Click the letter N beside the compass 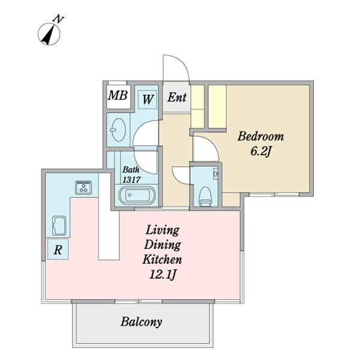coord(58,19)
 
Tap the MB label coord(118,95)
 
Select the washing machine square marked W coord(148,100)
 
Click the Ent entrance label coord(177,97)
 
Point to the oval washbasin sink coord(118,130)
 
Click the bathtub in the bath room coord(137,196)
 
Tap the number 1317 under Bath coord(131,179)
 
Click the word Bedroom coord(260,136)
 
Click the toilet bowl coord(205,196)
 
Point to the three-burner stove coord(83,188)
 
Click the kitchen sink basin coord(59,226)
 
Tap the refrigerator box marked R coord(58,250)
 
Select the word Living coord(163,230)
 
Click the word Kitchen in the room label coord(163,259)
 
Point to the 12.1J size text coord(163,274)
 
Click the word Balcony coord(142,322)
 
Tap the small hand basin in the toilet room coord(215,173)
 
